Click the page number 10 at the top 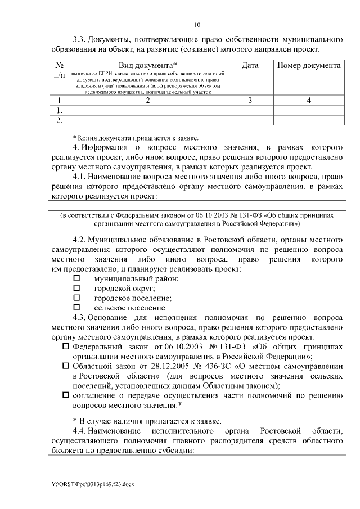point(197,25)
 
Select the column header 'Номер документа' point(309,66)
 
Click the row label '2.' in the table point(59,120)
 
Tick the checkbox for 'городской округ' point(77,288)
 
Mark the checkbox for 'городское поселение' point(77,298)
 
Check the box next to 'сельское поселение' point(77,308)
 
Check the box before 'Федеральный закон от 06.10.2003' point(66,346)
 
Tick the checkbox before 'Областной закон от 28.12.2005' point(66,366)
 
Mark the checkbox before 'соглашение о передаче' point(66,395)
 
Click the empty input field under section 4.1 point(196,206)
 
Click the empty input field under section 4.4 point(196,460)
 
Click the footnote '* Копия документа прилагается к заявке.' point(135,137)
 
